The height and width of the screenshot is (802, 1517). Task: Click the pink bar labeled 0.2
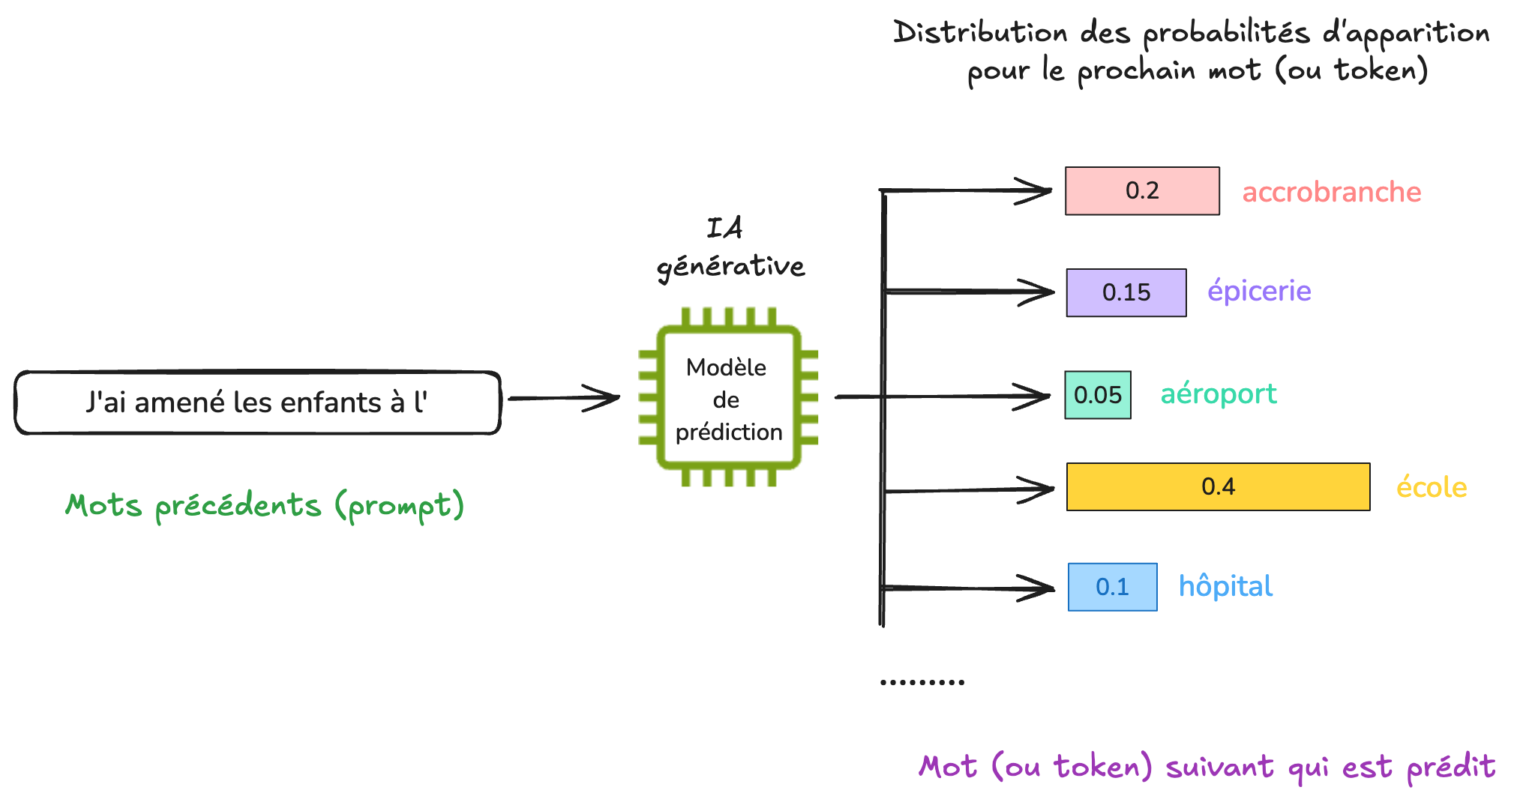(x=1141, y=191)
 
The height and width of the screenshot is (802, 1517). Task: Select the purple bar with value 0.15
(x=1126, y=292)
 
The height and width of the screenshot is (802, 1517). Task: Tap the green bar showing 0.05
(x=1097, y=395)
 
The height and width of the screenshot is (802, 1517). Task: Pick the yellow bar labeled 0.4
(x=1217, y=487)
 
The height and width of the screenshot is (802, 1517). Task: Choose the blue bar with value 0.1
(x=1112, y=587)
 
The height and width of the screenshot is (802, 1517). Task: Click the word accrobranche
(x=1331, y=192)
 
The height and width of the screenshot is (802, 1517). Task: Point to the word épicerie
(x=1259, y=291)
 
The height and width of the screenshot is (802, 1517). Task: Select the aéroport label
(x=1218, y=394)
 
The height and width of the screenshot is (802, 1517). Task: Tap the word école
(x=1431, y=487)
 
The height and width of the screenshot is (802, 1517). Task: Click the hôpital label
(x=1225, y=586)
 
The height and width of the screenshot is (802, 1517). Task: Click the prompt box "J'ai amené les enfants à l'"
(x=257, y=402)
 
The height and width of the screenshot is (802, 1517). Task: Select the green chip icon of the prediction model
(x=727, y=397)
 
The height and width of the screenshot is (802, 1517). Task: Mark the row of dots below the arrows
(x=922, y=682)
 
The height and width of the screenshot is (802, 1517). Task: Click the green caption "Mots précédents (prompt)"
(x=265, y=506)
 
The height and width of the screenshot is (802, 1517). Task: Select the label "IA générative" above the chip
(x=730, y=248)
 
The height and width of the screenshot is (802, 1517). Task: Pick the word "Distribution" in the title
(x=979, y=33)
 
